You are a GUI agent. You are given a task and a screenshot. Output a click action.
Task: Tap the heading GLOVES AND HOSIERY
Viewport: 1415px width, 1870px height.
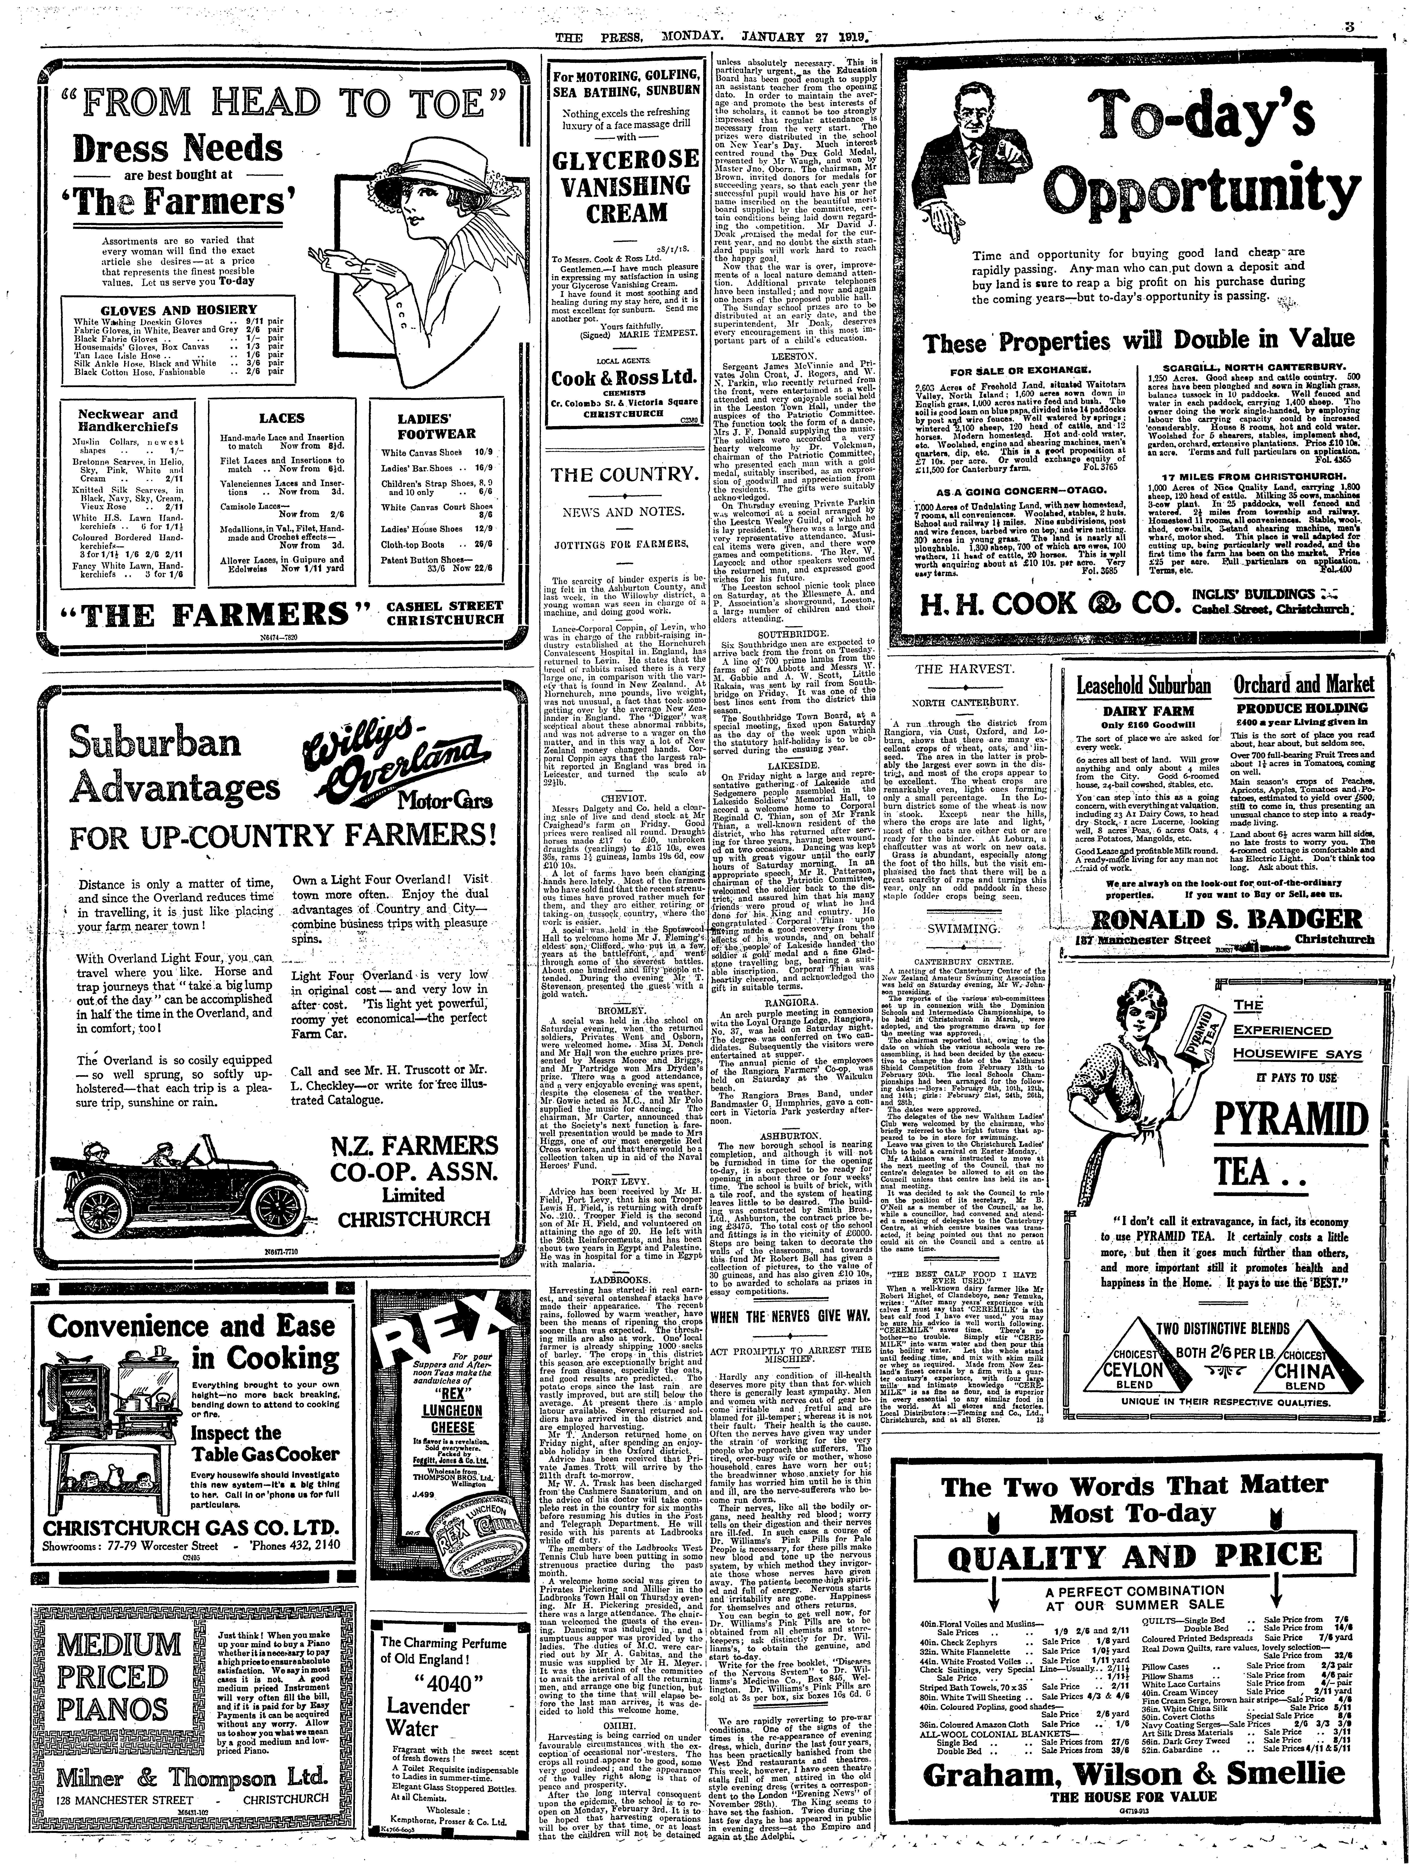click(178, 310)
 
